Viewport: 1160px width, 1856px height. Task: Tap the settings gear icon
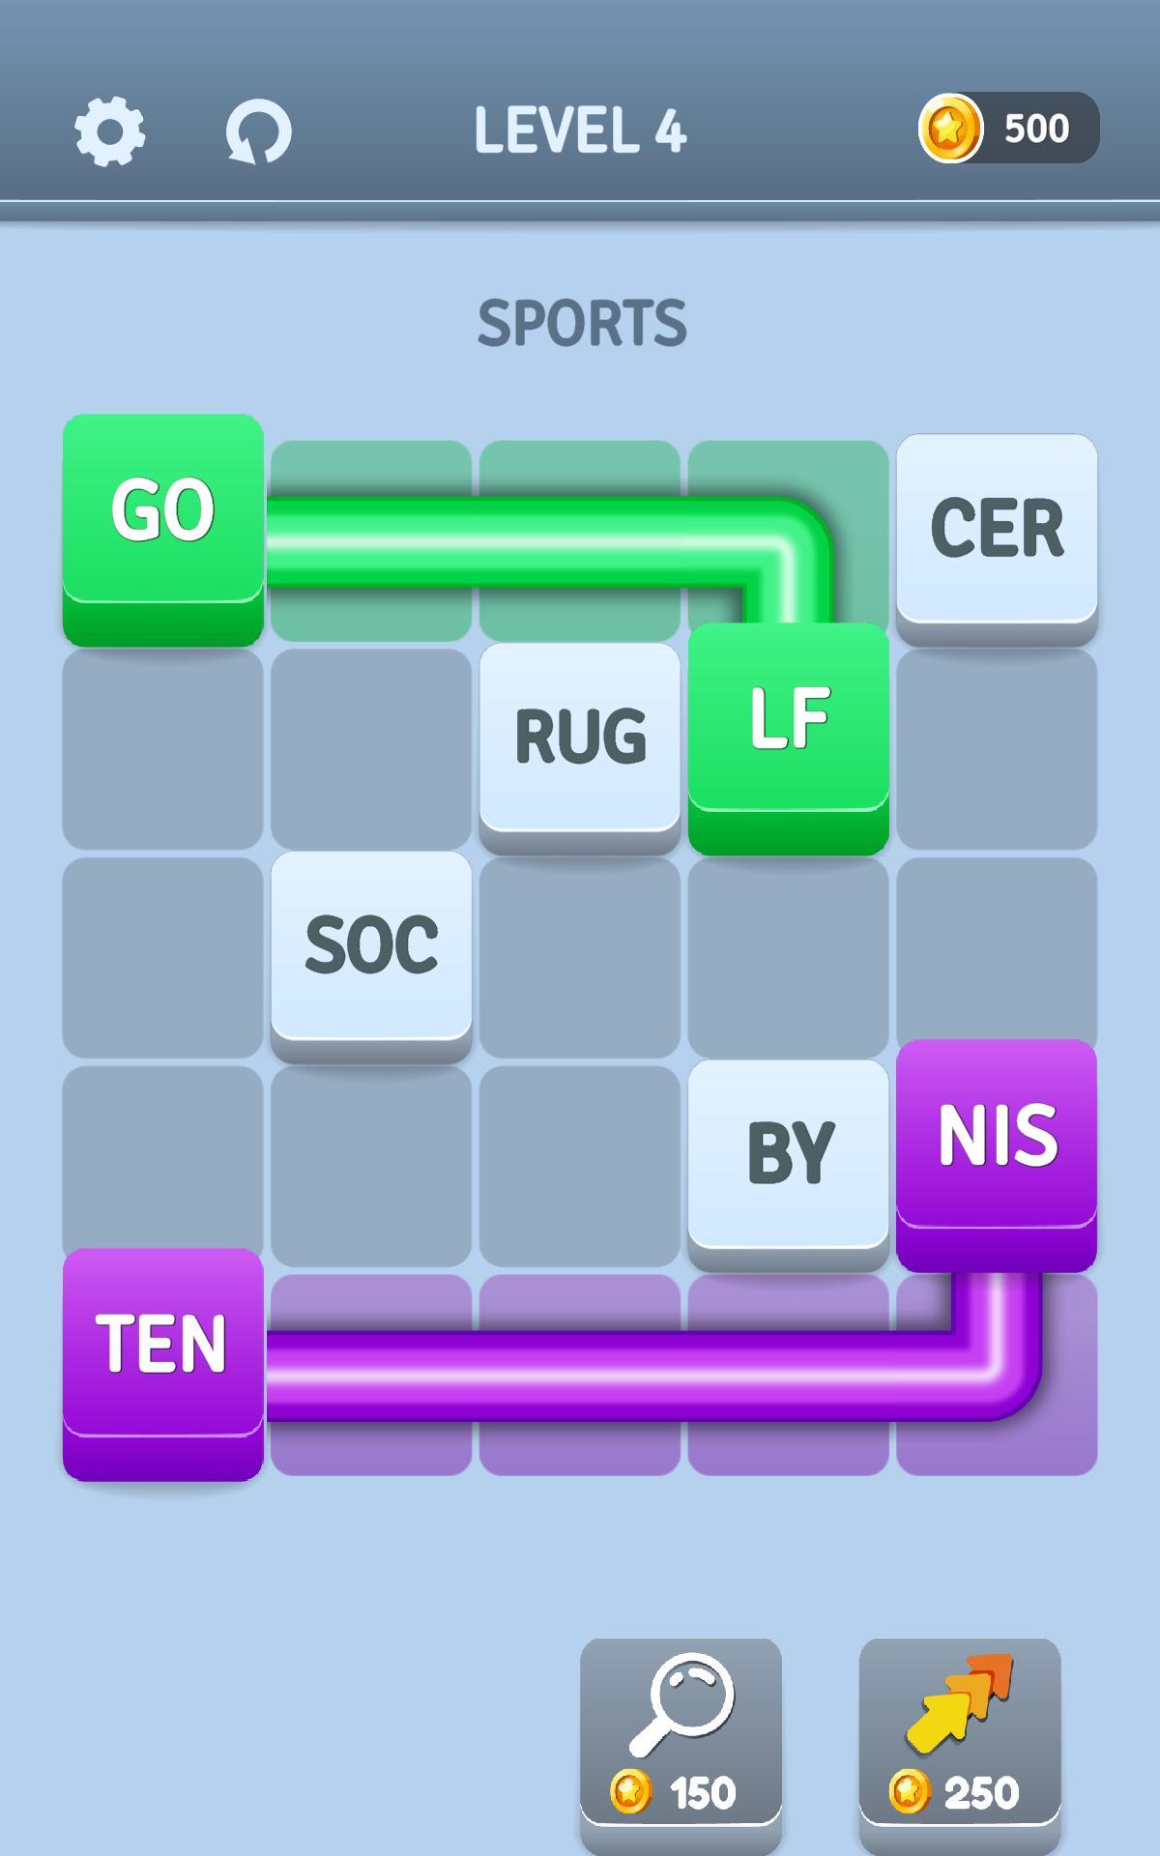coord(109,130)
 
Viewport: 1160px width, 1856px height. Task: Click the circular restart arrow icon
coord(258,131)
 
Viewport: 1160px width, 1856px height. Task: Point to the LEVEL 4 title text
coord(580,130)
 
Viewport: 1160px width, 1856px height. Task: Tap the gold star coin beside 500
coord(950,128)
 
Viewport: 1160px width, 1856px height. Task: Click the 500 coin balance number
coord(1036,129)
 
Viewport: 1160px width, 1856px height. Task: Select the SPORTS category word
coord(582,323)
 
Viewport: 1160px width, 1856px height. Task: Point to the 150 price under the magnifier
coord(702,1794)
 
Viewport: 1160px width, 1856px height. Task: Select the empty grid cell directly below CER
coord(997,749)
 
